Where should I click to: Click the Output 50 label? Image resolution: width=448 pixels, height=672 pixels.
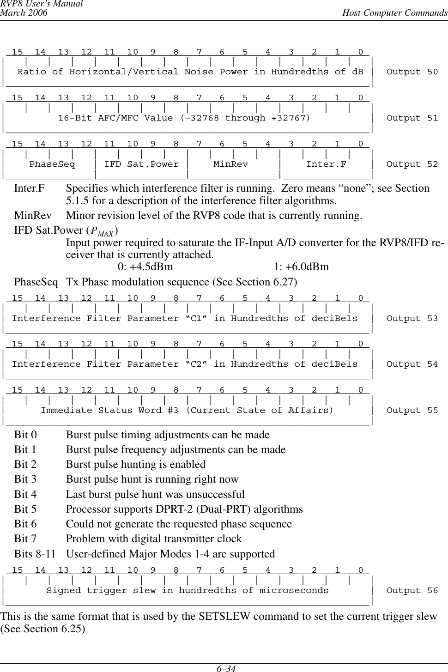coord(412,72)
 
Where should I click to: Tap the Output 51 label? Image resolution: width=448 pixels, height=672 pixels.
coord(412,118)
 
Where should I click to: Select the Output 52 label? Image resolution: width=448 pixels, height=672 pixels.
coord(412,164)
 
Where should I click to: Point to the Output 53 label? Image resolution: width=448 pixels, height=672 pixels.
coord(412,319)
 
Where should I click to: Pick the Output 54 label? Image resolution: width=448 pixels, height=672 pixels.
coord(412,364)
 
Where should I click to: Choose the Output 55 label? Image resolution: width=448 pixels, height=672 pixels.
coord(412,411)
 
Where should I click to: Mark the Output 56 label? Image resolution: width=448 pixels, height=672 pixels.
coord(412,591)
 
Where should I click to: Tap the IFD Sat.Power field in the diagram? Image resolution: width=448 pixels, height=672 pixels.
coord(141,164)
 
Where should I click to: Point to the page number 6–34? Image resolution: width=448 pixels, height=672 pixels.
coord(224,668)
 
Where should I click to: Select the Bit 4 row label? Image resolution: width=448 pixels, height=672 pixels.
coord(25,495)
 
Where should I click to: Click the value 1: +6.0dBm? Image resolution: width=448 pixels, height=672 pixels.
coord(301,267)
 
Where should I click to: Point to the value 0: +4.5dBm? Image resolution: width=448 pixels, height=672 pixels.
coord(145,267)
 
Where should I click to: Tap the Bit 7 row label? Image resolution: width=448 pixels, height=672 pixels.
coord(25,539)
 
